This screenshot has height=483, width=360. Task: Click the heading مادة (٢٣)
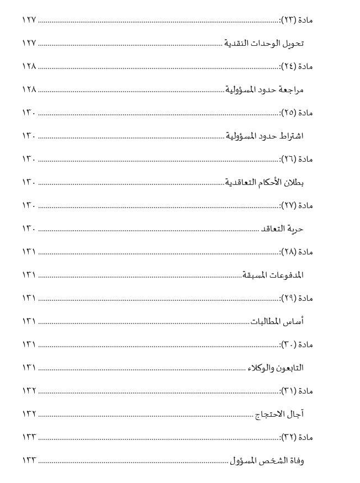coord(297,20)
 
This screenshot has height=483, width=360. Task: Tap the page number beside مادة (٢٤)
coord(29,66)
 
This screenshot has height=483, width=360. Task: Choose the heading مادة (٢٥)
coord(297,113)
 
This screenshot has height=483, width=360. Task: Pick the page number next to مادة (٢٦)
coord(29,159)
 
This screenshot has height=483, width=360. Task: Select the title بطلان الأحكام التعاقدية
coord(264,182)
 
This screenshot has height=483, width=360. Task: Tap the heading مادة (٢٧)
coord(297,205)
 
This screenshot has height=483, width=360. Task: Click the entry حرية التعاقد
coord(282,229)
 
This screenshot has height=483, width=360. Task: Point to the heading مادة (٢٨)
coord(297,252)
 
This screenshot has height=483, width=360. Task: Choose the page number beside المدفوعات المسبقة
coord(29,275)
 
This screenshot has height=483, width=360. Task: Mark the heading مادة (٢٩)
coord(297,298)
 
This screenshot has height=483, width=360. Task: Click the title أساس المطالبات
coord(278,321)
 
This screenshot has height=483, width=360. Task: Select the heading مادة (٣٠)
coord(297,344)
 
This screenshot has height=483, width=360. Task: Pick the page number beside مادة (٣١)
coord(29,391)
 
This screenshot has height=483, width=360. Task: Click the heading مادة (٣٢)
coord(297,437)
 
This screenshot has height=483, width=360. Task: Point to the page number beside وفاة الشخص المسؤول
coord(29,460)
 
